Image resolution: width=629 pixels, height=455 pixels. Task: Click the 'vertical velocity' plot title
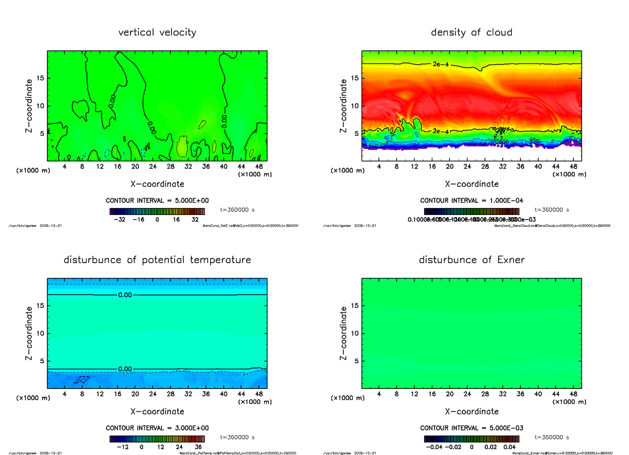click(157, 32)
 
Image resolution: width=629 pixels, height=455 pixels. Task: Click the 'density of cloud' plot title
click(471, 32)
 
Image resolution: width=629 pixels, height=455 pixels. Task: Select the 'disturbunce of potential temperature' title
click(157, 260)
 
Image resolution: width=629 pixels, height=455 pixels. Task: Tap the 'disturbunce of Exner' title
click(471, 260)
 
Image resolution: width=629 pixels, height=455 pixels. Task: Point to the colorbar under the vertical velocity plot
click(157, 211)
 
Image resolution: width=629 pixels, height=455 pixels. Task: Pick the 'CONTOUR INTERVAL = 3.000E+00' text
click(157, 428)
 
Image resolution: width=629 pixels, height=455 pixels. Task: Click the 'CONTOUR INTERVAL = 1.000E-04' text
click(471, 200)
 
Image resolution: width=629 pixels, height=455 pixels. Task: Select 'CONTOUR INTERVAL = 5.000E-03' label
click(471, 428)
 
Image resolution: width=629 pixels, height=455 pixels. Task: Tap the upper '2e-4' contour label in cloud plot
click(441, 64)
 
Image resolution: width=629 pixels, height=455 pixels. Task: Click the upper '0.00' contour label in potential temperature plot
click(125, 295)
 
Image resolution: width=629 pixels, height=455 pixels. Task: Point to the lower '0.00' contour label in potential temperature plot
click(125, 369)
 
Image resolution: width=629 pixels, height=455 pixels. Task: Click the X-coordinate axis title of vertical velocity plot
click(157, 184)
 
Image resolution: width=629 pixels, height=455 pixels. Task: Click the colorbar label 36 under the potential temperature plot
click(198, 447)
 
